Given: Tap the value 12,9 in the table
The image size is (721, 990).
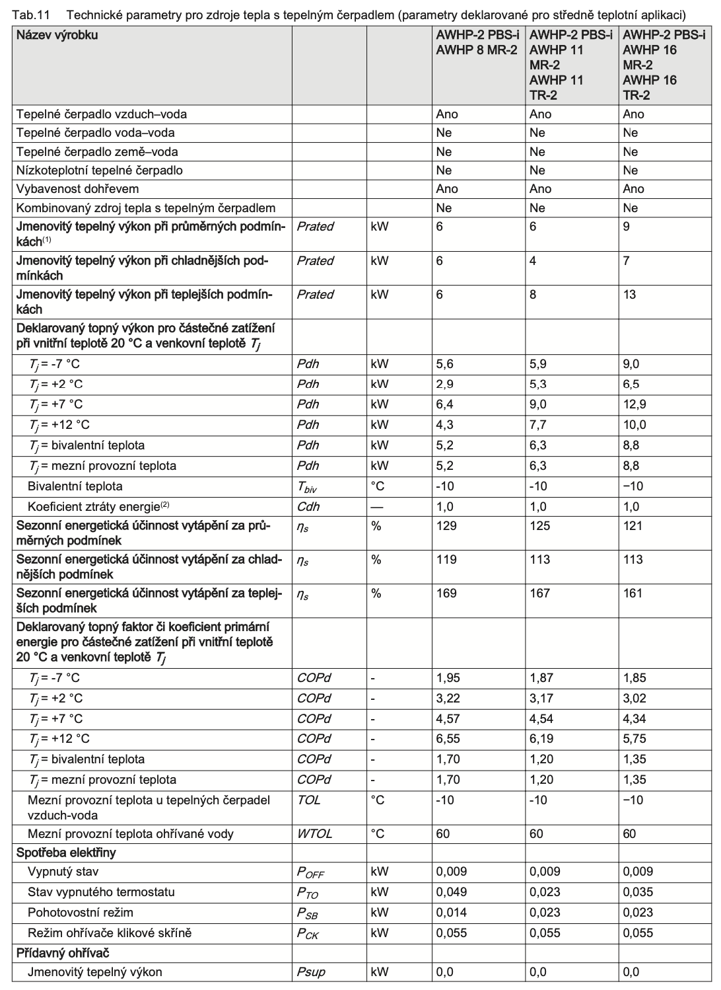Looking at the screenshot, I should click(x=635, y=404).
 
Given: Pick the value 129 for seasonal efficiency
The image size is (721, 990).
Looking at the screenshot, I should click(x=446, y=526).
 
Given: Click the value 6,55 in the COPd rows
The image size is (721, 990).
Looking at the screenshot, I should click(x=448, y=739).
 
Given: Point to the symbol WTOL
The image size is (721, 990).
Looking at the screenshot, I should click(x=314, y=834).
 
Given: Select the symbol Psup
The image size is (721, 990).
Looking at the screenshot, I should click(x=311, y=972).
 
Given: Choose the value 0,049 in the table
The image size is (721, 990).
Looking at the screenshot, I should click(x=451, y=892).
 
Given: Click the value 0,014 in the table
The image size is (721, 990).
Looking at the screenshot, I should click(x=451, y=913).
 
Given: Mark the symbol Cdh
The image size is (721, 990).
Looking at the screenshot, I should click(x=308, y=507).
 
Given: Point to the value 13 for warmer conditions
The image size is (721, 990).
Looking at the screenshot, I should click(x=629, y=295).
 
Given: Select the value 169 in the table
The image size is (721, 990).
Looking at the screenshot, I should click(x=446, y=593).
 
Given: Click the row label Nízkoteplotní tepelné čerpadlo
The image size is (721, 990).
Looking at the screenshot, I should click(x=100, y=171).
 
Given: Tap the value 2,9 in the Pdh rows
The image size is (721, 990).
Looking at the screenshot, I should click(x=444, y=384).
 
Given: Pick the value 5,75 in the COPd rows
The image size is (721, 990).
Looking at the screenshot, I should click(x=635, y=739).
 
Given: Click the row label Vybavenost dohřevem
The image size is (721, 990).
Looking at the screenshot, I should click(x=78, y=189).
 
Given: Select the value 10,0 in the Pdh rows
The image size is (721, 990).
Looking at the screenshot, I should click(x=635, y=425).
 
